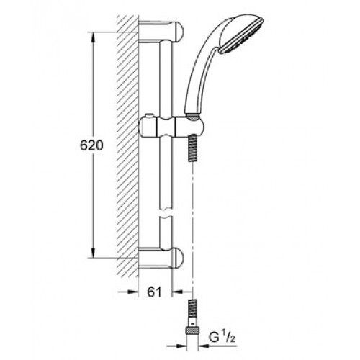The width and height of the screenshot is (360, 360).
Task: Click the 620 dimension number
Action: [91, 145]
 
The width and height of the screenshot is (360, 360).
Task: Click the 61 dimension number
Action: [155, 292]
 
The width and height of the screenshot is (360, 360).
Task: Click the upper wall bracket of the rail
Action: [161, 32]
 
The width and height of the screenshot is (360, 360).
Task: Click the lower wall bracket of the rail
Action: [161, 258]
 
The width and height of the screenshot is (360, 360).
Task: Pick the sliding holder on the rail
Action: [171, 126]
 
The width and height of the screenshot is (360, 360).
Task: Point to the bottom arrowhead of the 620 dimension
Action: [93, 253]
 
